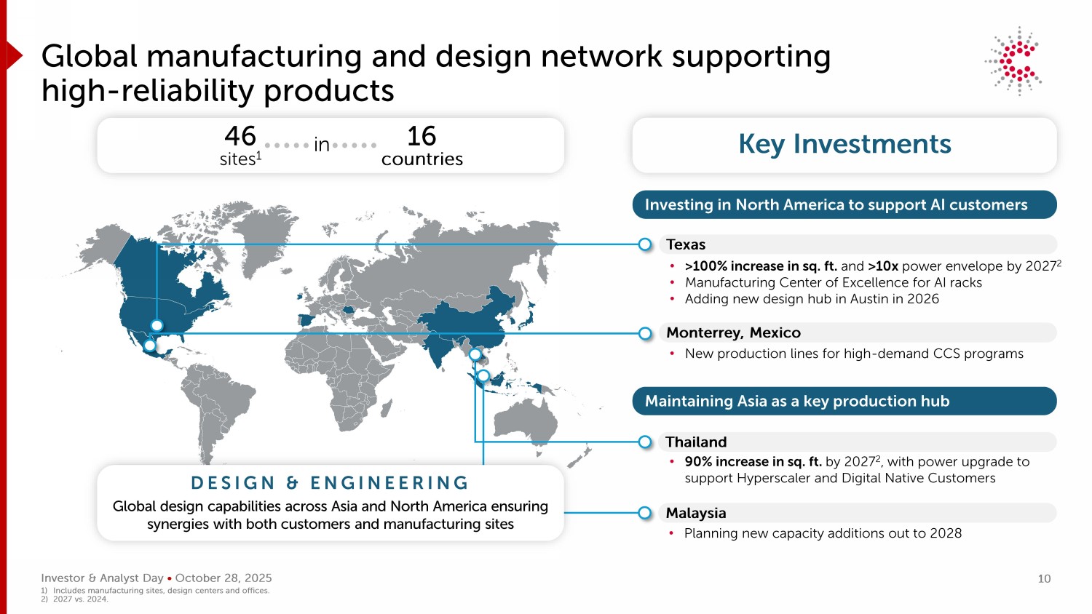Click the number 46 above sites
[240, 136]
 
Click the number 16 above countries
[422, 136]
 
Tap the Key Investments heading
[844, 144]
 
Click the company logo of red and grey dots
[1014, 61]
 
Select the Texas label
[686, 244]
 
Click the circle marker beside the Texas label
[645, 244]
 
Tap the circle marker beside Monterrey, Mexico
[645, 333]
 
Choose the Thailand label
[696, 442]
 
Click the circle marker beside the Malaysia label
[644, 513]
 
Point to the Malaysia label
[696, 513]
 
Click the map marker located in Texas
[157, 325]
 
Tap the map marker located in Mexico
[150, 346]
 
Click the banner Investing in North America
[844, 204]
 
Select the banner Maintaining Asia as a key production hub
[844, 401]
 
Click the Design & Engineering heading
[330, 483]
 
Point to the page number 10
[1044, 579]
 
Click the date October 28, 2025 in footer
[223, 578]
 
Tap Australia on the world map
[526, 422]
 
